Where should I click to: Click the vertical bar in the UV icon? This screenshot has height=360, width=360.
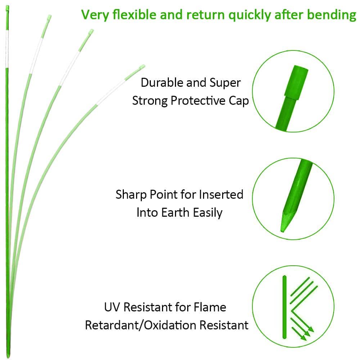[285, 307]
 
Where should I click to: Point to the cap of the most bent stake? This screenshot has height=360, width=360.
[142, 67]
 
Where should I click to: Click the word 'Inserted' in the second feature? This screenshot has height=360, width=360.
[222, 195]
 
